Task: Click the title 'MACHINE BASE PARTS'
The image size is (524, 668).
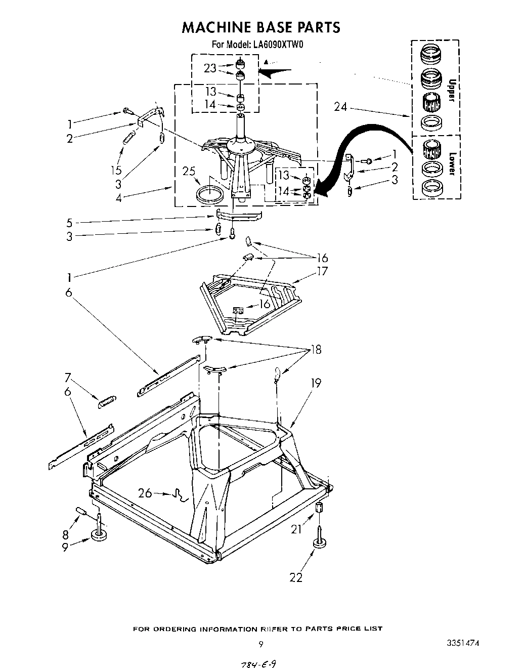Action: (x=260, y=27)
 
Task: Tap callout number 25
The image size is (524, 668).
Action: (x=189, y=172)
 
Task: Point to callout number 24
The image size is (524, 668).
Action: (x=341, y=107)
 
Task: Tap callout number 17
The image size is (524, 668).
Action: (x=322, y=271)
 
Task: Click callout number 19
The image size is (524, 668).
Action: (x=316, y=383)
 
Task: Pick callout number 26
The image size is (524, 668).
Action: (x=145, y=492)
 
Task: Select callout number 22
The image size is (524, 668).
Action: (x=296, y=577)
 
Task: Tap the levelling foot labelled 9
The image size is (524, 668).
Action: (x=98, y=535)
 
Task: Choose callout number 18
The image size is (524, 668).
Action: (x=316, y=350)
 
